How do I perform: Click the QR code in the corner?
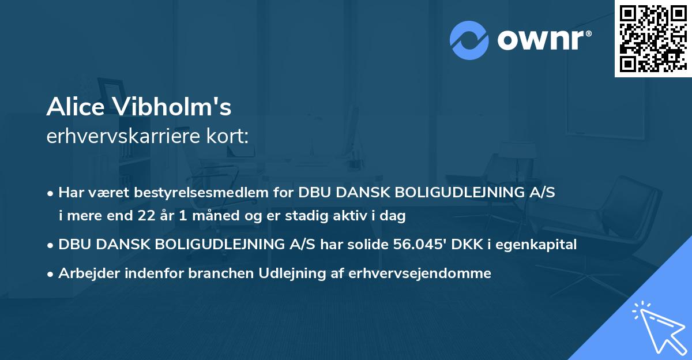point(653,38)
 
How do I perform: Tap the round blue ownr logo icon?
point(469,40)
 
